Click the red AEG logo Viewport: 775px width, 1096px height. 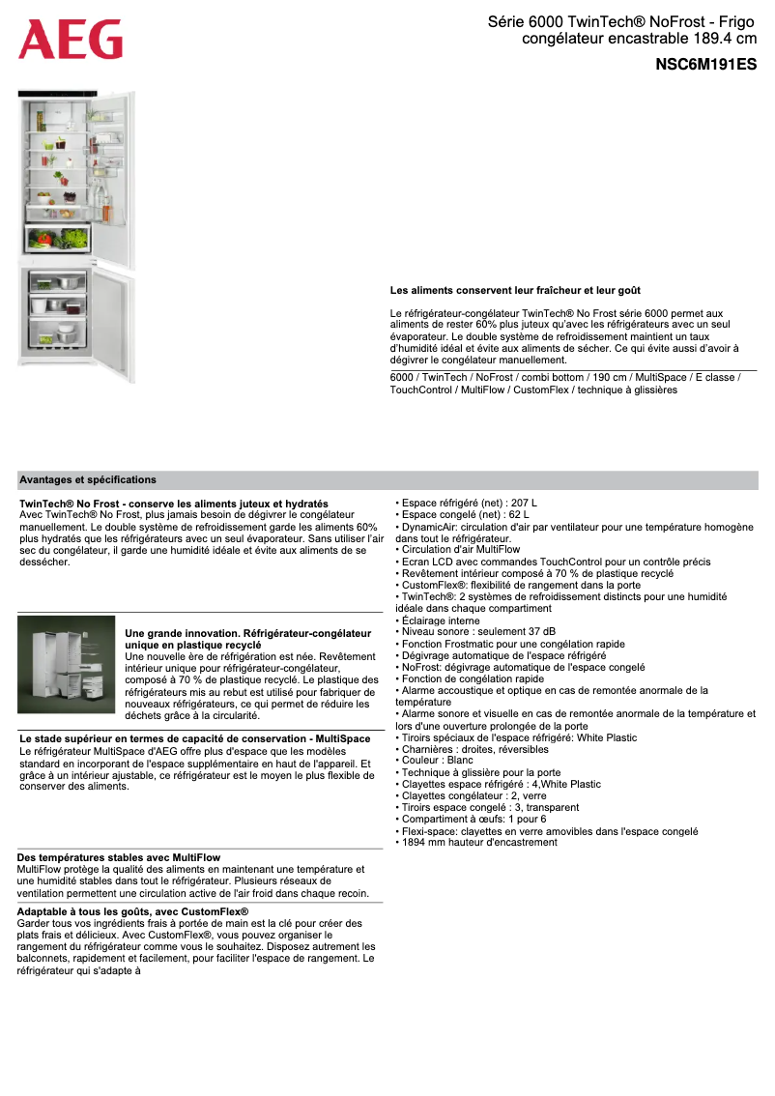71,40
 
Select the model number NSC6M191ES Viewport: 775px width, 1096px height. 705,66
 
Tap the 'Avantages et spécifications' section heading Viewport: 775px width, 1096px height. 87,479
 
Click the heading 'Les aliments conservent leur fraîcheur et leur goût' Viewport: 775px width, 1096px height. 515,290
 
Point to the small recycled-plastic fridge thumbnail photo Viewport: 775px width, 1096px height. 66,665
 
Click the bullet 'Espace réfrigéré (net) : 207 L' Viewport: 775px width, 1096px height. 469,504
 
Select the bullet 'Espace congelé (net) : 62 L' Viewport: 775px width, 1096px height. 465,515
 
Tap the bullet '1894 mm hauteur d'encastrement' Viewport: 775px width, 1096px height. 478,842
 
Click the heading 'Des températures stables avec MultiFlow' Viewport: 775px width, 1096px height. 119,857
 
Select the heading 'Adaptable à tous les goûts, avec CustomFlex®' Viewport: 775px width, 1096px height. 132,911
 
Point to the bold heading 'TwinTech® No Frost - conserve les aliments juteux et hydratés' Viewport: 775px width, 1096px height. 174,504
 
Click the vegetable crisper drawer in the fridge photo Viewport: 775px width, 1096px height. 58,239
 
